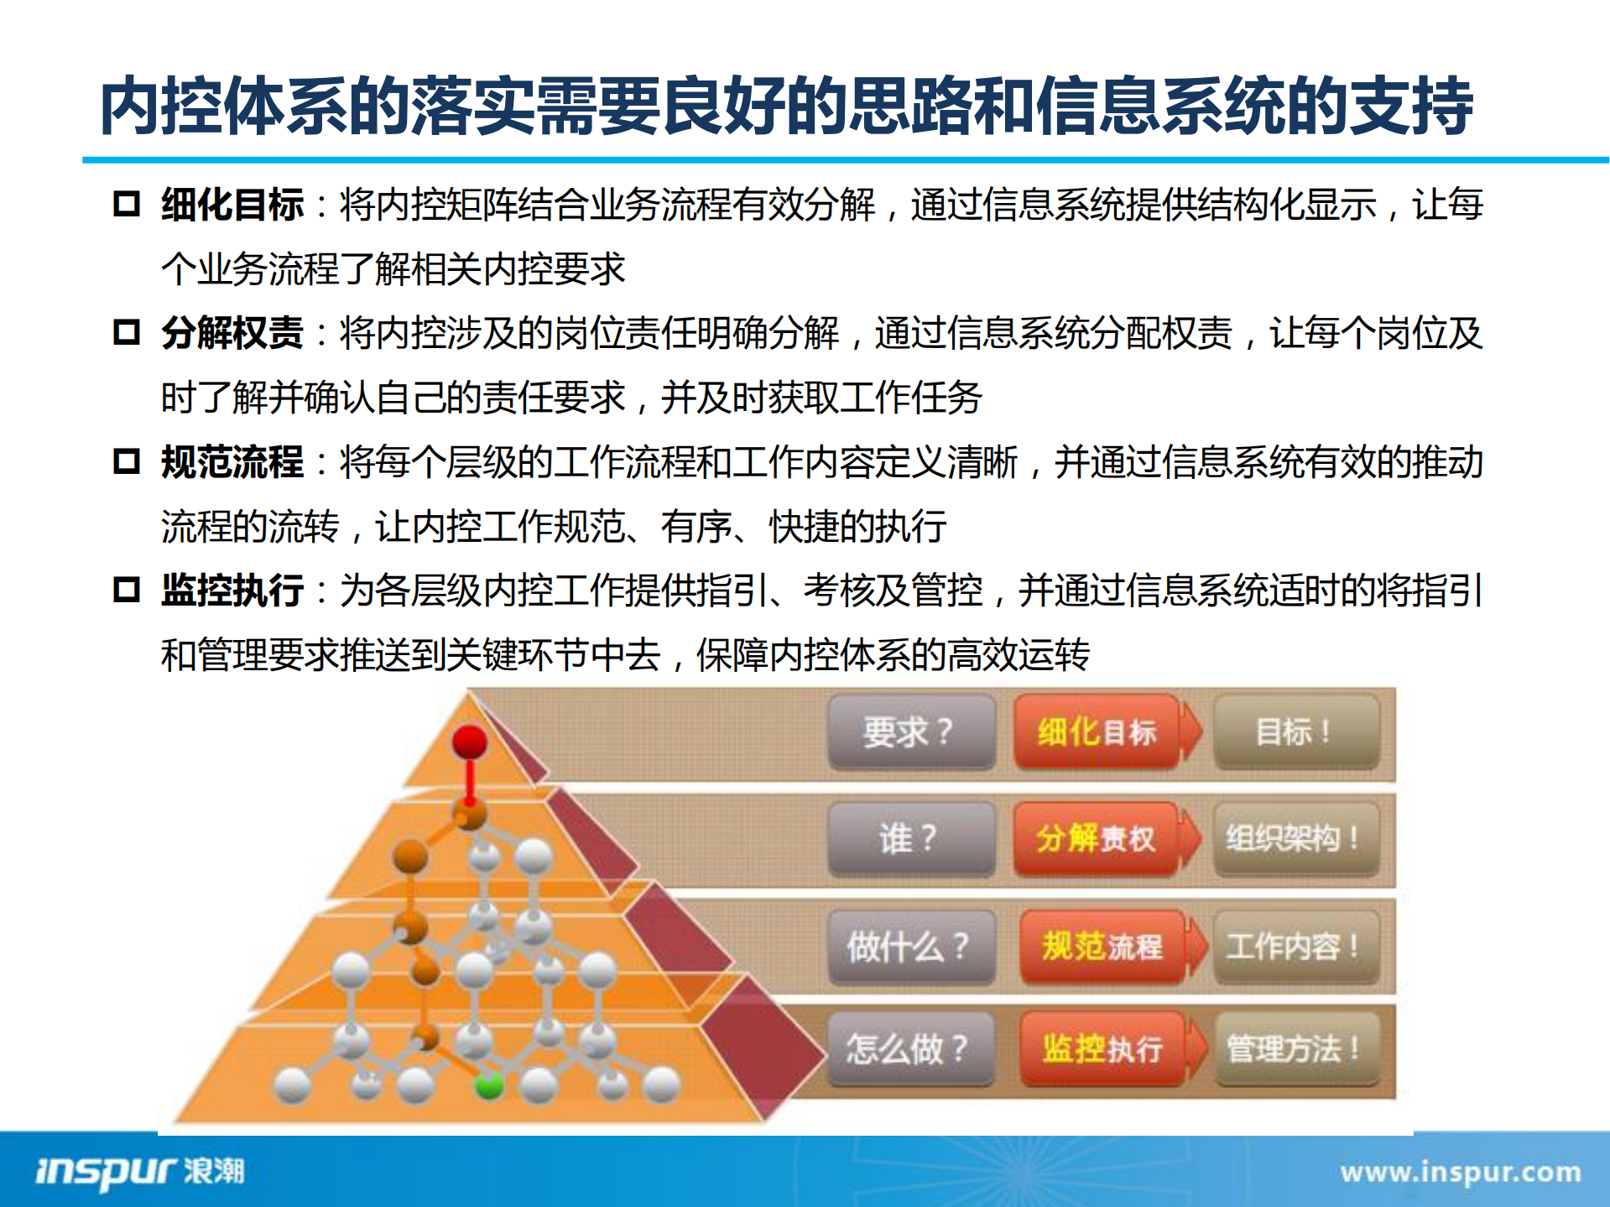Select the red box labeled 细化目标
[1097, 731]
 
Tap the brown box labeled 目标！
[1295, 731]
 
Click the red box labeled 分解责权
[1096, 838]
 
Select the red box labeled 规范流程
[1102, 946]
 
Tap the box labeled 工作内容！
[1295, 946]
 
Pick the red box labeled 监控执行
[1102, 1048]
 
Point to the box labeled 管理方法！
[1295, 1048]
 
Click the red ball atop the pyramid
[470, 742]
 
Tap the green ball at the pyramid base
[489, 1085]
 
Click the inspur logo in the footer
[139, 1171]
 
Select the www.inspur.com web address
[1460, 1172]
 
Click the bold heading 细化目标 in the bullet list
[232, 205]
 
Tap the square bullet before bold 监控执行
[127, 590]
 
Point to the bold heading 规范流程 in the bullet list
[232, 462]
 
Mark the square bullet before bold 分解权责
[127, 332]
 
